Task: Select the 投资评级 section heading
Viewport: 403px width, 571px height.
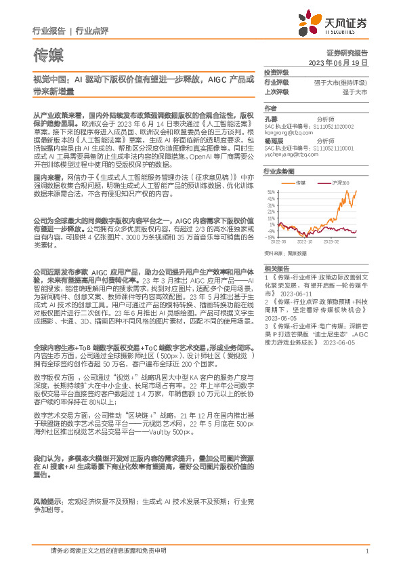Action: pyautogui.click(x=276, y=72)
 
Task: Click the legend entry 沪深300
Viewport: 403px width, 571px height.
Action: pyautogui.click(x=341, y=182)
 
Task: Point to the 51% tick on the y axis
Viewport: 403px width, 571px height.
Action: pyautogui.click(x=270, y=192)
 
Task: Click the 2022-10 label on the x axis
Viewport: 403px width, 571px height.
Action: pyautogui.click(x=305, y=241)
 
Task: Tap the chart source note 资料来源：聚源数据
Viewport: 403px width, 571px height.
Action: pyautogui.click(x=285, y=253)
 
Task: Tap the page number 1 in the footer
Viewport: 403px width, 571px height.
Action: pyautogui.click(x=366, y=551)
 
